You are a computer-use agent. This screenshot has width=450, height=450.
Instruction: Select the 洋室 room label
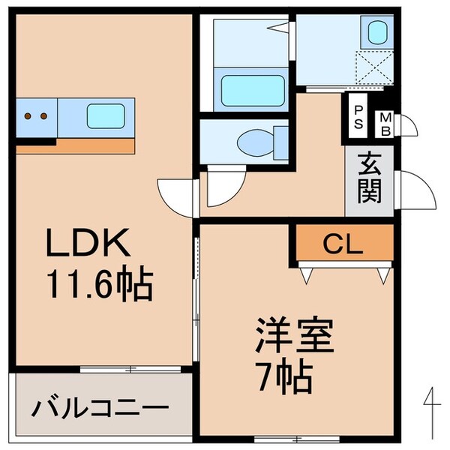293,335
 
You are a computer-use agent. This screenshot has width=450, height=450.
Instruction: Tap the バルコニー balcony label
99,410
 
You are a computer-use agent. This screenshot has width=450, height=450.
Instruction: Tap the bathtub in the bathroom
252,90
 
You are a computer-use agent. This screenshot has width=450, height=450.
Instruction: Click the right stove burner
44,116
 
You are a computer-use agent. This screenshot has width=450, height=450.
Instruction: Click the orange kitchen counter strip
75,144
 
